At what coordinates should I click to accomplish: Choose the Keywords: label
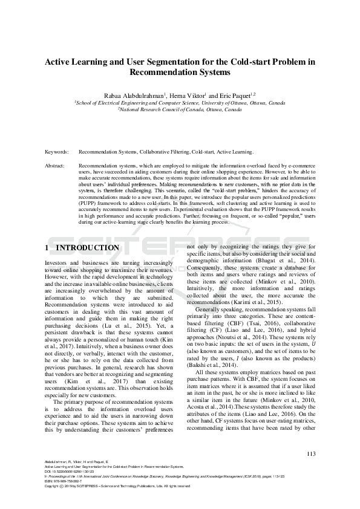click(x=57, y=152)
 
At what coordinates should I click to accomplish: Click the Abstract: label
click(x=56, y=164)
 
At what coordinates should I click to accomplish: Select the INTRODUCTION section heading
click(x=88, y=248)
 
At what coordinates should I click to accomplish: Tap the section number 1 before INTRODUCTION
click(x=48, y=248)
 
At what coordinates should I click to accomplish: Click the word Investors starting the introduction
click(x=59, y=263)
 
